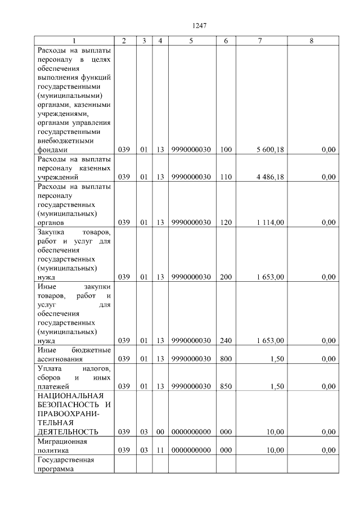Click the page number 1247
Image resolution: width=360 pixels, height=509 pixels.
coord(200,25)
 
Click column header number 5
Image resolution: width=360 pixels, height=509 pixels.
coord(191,41)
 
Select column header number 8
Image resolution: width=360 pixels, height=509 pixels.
coord(313,41)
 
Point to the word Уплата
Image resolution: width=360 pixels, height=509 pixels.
coord(48,368)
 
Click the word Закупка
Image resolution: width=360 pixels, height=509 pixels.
coord(51,232)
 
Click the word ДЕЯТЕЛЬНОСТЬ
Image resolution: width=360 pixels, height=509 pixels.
coord(67,432)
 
